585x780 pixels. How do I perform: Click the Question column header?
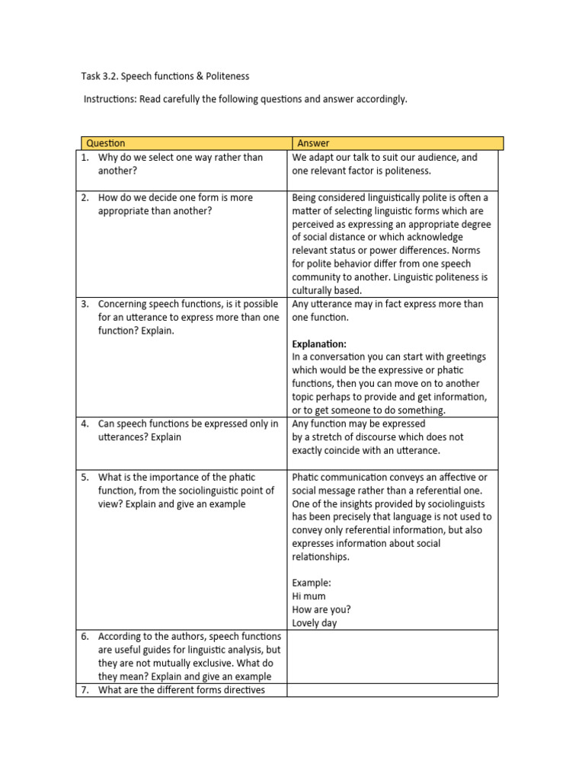point(106,143)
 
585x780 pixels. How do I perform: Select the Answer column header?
point(313,143)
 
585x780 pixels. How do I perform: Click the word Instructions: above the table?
point(110,100)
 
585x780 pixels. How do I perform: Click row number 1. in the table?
point(85,158)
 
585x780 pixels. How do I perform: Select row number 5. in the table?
point(85,478)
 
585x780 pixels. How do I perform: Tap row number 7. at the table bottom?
point(85,690)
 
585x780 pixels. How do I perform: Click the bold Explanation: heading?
point(319,344)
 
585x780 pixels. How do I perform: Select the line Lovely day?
point(315,623)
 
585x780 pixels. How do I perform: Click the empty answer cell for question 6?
point(392,656)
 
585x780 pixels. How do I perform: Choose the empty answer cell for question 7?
point(392,690)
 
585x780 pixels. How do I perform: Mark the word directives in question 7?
point(241,690)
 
